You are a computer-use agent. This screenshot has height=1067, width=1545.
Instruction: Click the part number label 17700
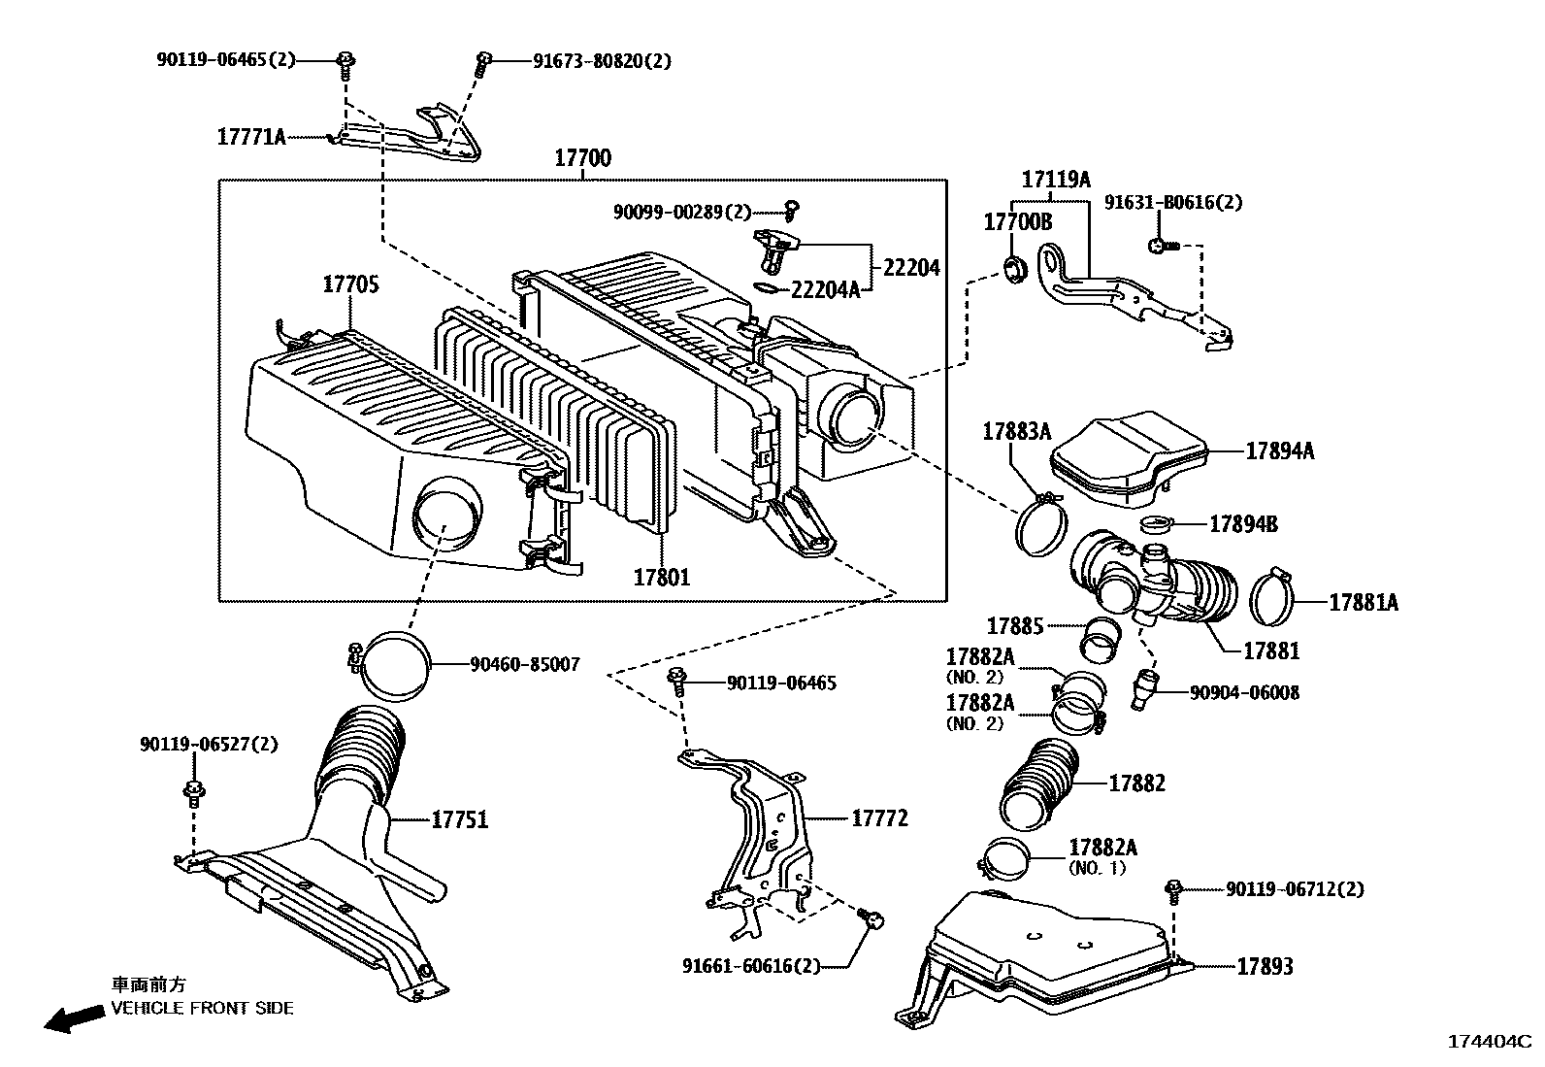click(x=582, y=158)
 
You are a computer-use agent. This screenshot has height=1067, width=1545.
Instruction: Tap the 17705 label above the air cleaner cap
click(x=350, y=284)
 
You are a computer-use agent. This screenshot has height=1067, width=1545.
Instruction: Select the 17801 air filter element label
click(x=662, y=577)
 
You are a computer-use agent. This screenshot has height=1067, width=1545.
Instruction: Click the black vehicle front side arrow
click(x=75, y=1017)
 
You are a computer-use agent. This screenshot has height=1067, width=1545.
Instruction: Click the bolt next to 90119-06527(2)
click(x=193, y=791)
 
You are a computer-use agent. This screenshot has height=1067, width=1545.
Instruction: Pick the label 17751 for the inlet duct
click(x=459, y=820)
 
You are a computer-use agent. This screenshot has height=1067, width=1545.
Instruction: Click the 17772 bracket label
click(x=879, y=818)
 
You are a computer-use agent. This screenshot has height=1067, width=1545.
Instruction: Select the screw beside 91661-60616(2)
click(x=871, y=917)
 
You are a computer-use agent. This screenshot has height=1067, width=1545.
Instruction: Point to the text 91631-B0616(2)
click(x=1172, y=203)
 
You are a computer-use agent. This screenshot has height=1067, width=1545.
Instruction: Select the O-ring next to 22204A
click(x=767, y=287)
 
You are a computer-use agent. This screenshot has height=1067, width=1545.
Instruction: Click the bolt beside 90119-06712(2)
click(x=1174, y=888)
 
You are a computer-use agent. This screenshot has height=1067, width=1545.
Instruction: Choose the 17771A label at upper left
click(x=251, y=137)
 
